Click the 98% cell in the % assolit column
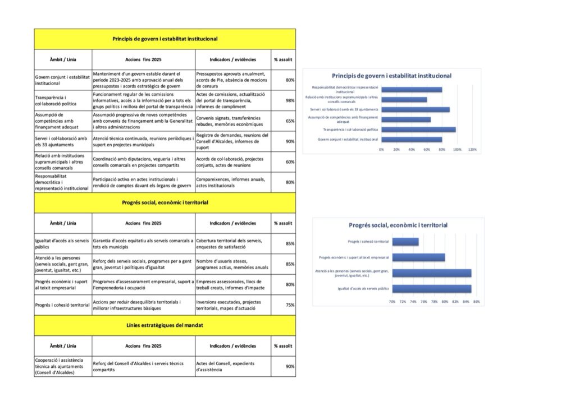click(x=290, y=100)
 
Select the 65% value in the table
click(x=290, y=121)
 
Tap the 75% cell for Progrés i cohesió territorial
click(x=290, y=305)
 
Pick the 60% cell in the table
click(x=290, y=162)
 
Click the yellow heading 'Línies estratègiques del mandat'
click(x=165, y=325)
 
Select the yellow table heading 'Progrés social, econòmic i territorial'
click(x=165, y=202)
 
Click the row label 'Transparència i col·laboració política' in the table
click(x=62, y=100)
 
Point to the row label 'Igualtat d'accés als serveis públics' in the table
click(x=62, y=243)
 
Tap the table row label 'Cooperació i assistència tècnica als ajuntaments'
click(x=62, y=366)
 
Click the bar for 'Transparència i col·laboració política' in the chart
click(x=418, y=130)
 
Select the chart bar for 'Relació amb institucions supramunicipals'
click(x=404, y=99)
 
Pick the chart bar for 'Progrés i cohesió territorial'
click(x=405, y=242)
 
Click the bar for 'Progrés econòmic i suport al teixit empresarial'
click(x=418, y=257)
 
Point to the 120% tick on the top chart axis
click(x=472, y=150)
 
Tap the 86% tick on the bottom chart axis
click(x=476, y=302)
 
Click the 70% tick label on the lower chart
click(x=392, y=302)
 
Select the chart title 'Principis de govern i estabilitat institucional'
click(x=391, y=76)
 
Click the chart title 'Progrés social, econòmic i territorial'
click(x=398, y=225)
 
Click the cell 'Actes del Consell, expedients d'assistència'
click(x=232, y=366)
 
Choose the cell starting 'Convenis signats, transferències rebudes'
click(x=232, y=121)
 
